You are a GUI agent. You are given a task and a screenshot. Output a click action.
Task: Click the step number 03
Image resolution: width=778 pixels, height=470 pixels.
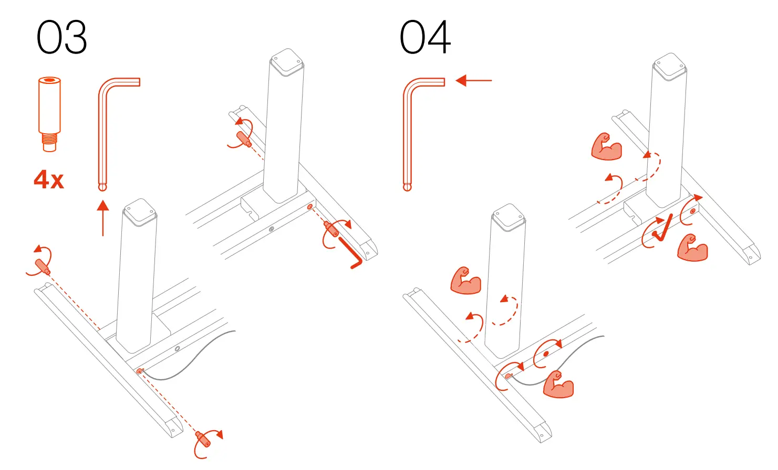click(61, 38)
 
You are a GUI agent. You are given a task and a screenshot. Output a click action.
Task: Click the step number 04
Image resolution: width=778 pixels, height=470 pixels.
click(424, 38)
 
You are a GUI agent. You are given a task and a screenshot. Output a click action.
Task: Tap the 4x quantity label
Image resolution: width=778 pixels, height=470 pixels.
click(49, 180)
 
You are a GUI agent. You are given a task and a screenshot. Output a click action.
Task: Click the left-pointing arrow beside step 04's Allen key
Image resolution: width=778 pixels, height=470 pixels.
click(473, 81)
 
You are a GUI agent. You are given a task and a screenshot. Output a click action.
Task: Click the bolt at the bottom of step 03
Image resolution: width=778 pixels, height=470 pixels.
click(203, 440)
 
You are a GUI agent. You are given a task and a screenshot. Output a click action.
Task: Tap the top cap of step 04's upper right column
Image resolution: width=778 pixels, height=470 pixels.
click(669, 66)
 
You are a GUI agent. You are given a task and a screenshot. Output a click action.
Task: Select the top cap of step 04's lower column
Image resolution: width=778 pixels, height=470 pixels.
click(509, 217)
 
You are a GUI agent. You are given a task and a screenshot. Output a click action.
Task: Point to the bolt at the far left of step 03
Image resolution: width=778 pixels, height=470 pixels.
click(42, 266)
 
